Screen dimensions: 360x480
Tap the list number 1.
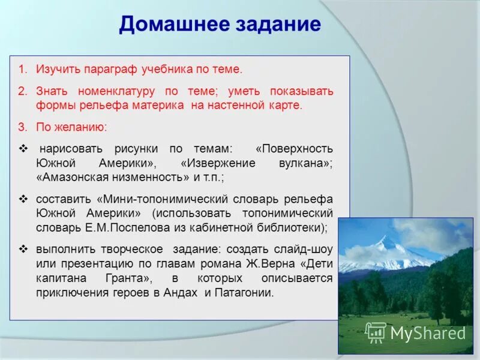tap(21, 70)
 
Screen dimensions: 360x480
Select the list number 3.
tap(21, 127)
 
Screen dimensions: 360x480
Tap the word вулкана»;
tap(302, 163)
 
